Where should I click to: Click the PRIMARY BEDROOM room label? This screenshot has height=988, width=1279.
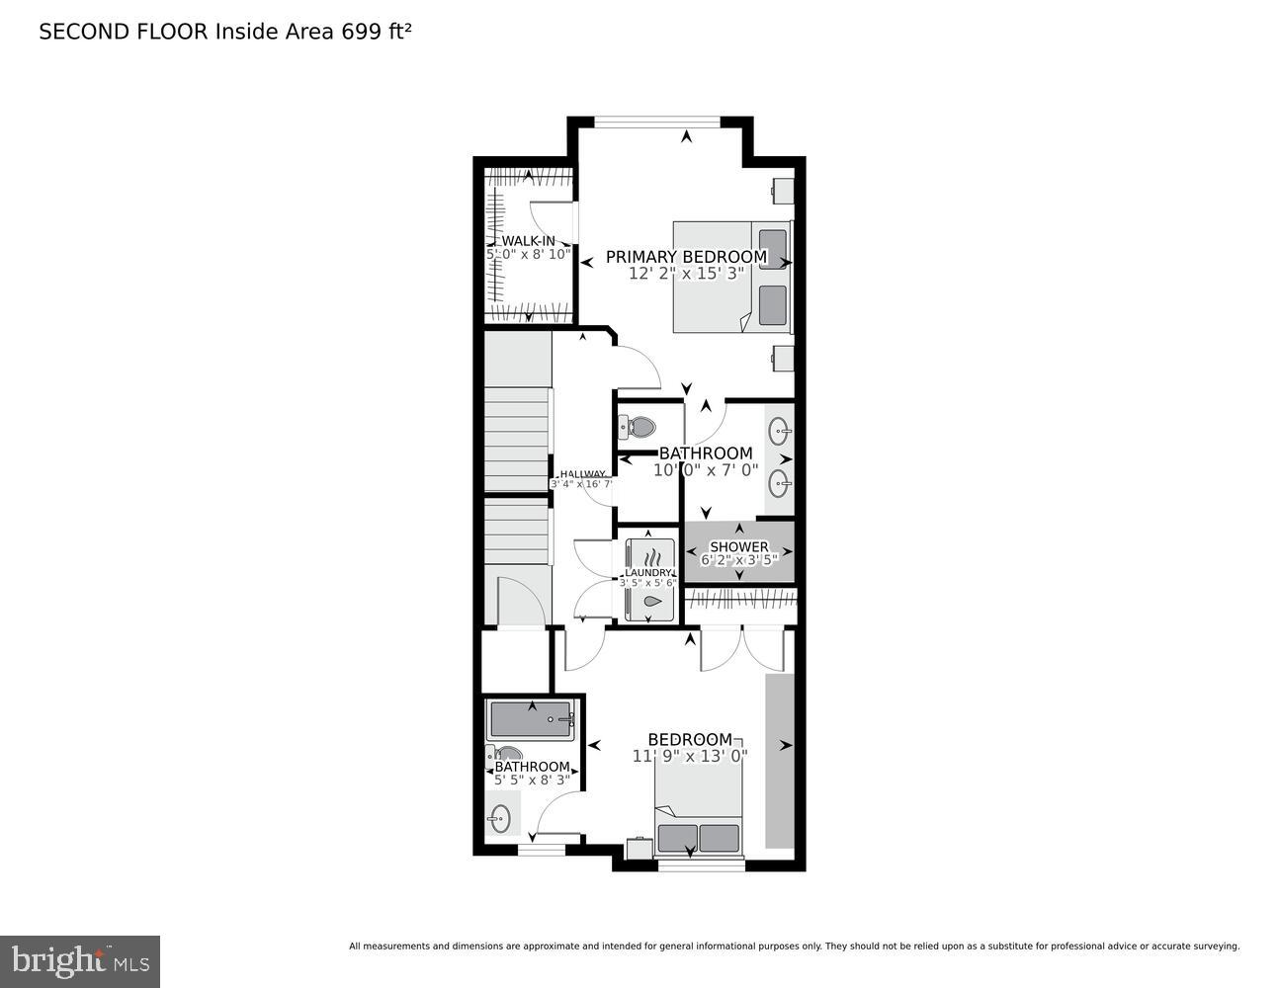click(686, 257)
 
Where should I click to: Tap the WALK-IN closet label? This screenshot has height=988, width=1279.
click(528, 240)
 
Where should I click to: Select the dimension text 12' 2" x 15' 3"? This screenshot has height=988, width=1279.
click(686, 274)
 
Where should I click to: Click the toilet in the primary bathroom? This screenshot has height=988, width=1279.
click(639, 428)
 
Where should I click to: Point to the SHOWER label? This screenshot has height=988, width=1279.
click(739, 546)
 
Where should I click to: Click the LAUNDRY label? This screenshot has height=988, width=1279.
click(647, 572)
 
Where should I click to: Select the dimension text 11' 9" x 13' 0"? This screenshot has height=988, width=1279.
click(690, 756)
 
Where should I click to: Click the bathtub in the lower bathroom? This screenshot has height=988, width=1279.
click(531, 720)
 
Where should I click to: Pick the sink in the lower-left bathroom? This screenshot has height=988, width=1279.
click(501, 817)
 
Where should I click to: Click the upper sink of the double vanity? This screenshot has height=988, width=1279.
click(780, 431)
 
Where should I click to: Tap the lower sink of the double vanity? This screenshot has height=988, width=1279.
click(780, 482)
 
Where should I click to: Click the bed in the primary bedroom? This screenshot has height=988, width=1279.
click(731, 277)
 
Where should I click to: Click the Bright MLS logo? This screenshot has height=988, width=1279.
click(80, 961)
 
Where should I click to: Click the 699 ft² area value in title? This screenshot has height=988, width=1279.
click(377, 32)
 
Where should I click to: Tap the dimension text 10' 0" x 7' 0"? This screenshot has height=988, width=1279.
click(705, 470)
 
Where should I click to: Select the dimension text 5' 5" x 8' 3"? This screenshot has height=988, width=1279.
click(532, 780)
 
